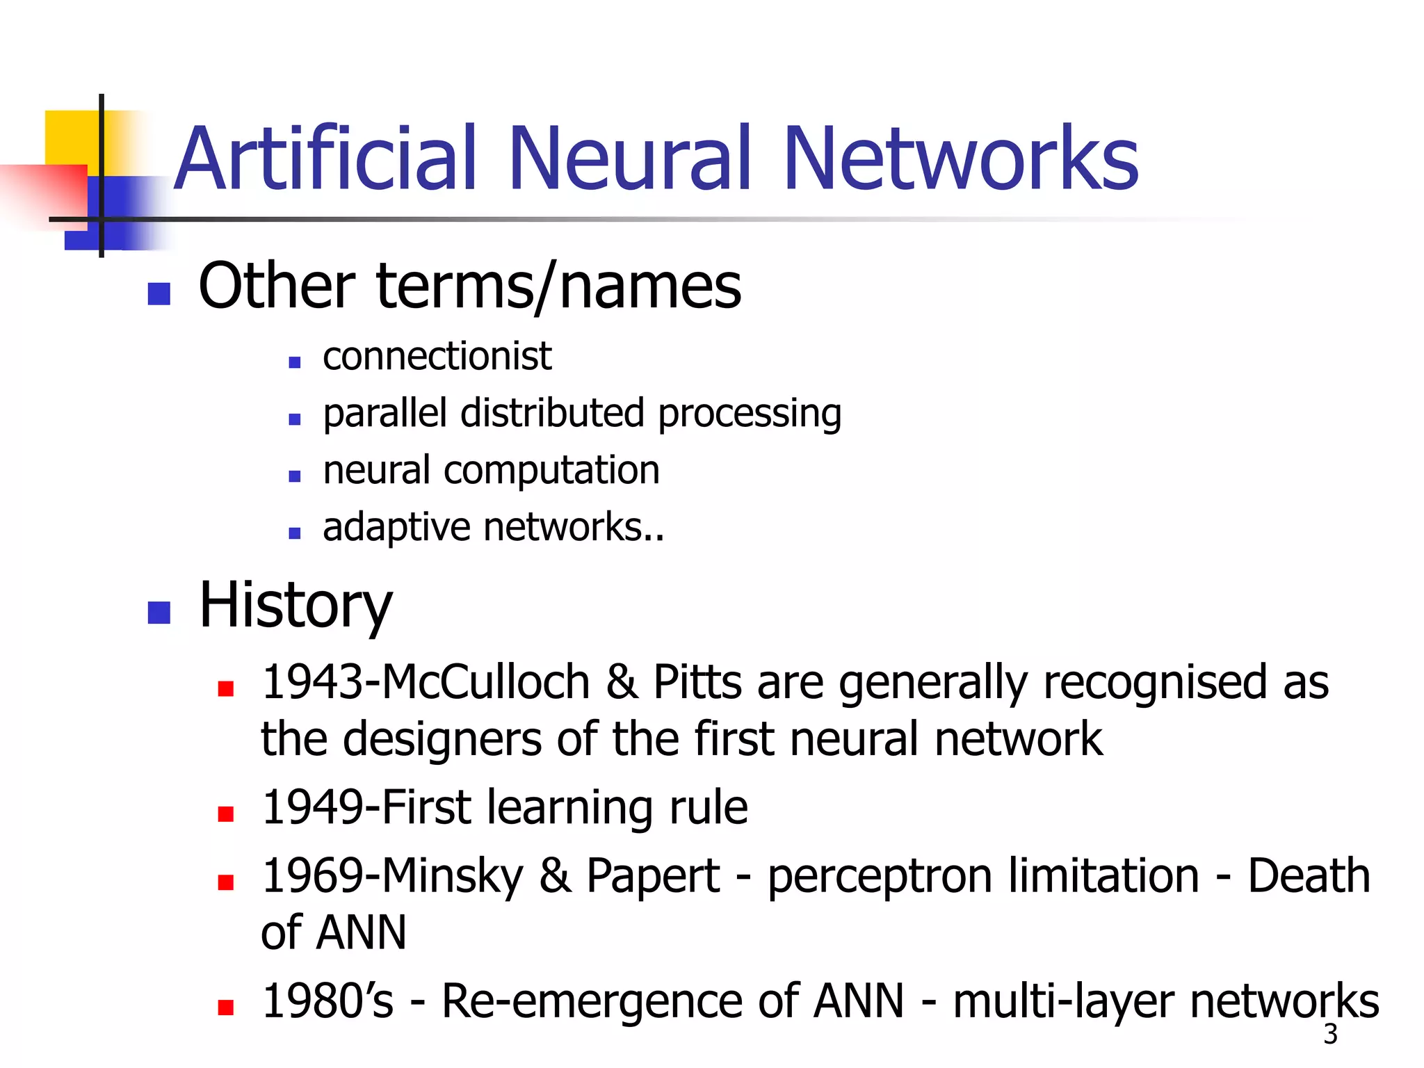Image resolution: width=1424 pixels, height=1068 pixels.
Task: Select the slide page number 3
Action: click(x=1330, y=1035)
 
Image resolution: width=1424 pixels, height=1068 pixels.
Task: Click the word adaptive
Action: click(x=396, y=528)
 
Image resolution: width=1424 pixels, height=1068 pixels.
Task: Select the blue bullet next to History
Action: click(x=159, y=613)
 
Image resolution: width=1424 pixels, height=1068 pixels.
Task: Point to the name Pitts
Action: click(x=697, y=682)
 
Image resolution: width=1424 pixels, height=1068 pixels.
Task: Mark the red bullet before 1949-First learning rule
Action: click(x=225, y=814)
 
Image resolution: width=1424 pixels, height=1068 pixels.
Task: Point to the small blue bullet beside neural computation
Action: click(x=295, y=476)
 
